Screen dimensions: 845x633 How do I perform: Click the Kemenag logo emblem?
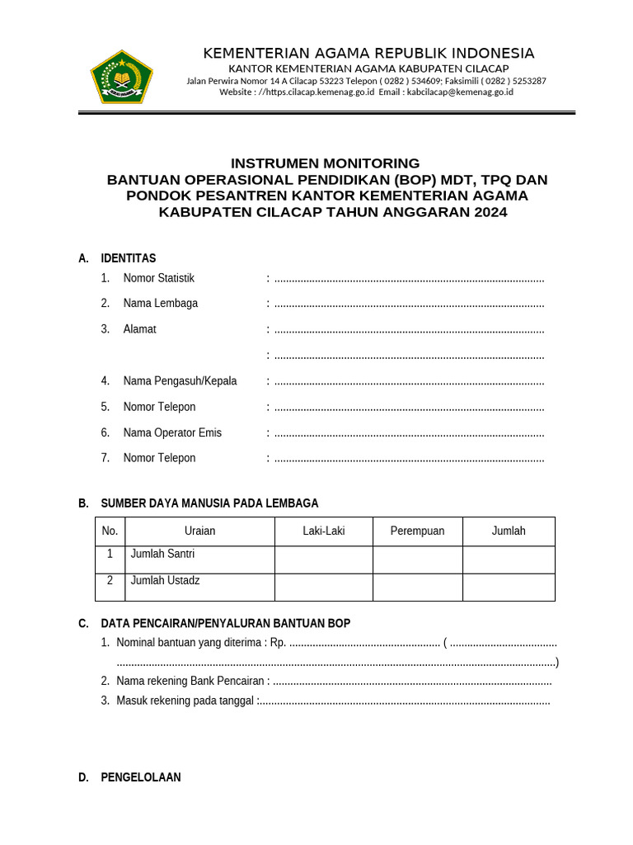(x=121, y=76)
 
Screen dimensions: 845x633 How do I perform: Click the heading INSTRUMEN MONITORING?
(x=325, y=163)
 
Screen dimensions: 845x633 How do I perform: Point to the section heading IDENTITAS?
(x=128, y=258)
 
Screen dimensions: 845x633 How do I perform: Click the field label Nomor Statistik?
(x=159, y=278)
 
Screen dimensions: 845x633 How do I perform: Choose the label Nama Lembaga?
(x=161, y=304)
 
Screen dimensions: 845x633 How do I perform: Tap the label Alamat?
(x=139, y=329)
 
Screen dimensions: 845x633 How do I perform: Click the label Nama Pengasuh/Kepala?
(x=180, y=381)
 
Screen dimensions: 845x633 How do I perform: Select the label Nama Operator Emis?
(x=172, y=432)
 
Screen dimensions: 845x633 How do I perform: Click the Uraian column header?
(x=199, y=531)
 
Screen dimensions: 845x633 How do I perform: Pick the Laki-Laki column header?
(x=323, y=531)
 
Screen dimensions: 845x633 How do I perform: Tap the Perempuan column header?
(x=417, y=531)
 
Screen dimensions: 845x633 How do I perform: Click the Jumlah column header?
(x=509, y=531)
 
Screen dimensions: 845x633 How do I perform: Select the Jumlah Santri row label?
(x=162, y=555)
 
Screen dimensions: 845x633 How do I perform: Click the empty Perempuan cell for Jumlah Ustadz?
(x=417, y=588)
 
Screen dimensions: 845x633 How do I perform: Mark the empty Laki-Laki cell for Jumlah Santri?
(x=323, y=559)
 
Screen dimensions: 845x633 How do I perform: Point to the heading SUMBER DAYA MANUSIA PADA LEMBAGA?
(x=209, y=503)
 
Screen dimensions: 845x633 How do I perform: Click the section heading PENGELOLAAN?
(x=141, y=777)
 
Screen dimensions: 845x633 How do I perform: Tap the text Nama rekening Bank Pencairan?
(x=193, y=682)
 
